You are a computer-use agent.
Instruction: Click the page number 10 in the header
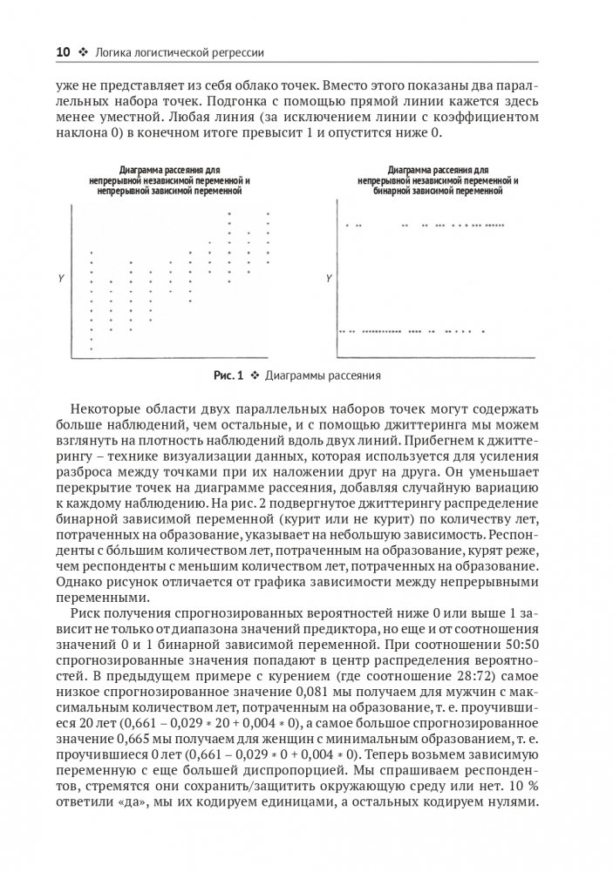(x=63, y=53)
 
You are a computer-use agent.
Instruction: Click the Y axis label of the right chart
(x=327, y=278)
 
